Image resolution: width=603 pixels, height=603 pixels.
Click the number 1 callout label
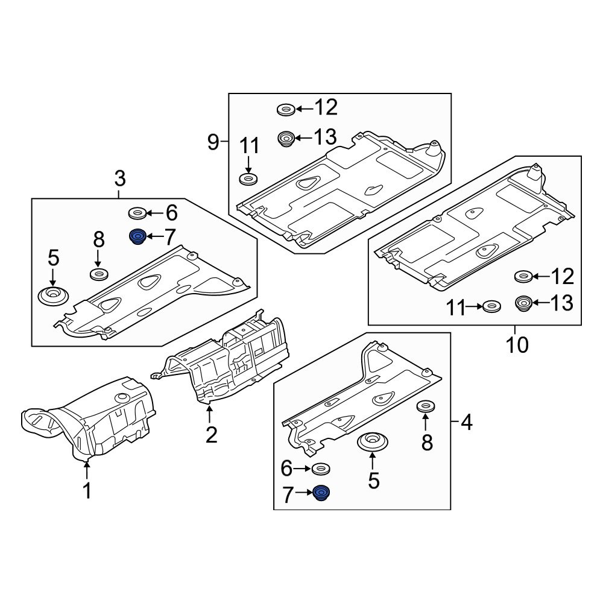[87, 491]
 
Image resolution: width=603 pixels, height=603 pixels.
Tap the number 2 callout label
[210, 434]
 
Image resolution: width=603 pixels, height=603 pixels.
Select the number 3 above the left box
[120, 178]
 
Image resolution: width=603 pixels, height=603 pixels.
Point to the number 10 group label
[516, 345]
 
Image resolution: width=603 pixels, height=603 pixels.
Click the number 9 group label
[213, 142]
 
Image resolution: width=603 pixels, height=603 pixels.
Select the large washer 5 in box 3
[52, 296]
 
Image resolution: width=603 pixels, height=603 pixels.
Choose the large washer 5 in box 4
[373, 441]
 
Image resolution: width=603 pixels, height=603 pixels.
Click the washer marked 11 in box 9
[248, 179]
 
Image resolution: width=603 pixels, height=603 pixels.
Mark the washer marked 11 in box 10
[491, 308]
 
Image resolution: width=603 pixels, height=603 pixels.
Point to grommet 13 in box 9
[286, 139]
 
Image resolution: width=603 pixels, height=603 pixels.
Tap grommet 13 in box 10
[522, 303]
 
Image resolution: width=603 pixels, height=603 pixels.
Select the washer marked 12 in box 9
[285, 110]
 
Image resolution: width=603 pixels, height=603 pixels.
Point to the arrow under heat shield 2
[210, 414]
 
